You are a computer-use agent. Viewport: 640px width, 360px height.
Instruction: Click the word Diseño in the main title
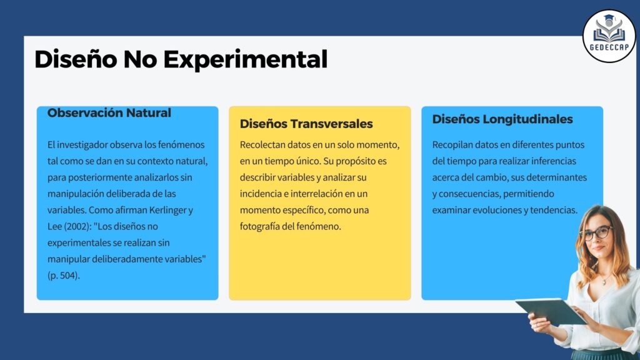[76, 59]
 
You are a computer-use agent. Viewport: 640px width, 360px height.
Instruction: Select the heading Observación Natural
[109, 112]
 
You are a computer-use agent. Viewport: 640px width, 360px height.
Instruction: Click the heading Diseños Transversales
[306, 124]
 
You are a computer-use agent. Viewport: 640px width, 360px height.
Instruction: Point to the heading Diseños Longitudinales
[502, 119]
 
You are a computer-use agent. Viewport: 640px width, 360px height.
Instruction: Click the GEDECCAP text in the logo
[609, 47]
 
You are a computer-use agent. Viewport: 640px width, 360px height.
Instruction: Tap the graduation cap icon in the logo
[609, 19]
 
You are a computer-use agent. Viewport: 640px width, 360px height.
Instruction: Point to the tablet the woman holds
[551, 311]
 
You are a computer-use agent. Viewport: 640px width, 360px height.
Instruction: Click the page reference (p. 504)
[64, 276]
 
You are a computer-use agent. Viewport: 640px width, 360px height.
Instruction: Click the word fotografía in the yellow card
[259, 226]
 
